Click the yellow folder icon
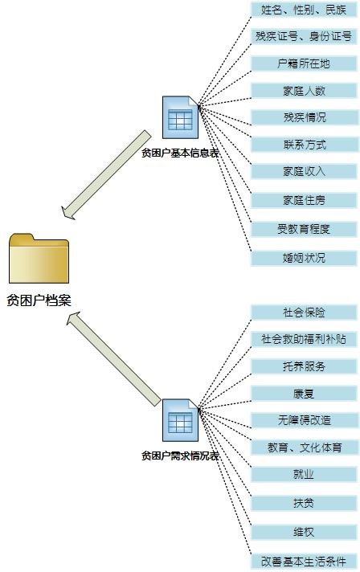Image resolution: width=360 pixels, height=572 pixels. pyautogui.click(x=39, y=258)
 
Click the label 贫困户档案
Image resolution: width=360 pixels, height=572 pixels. pyautogui.click(x=39, y=301)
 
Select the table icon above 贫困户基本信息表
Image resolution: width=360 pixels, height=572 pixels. pyautogui.click(x=181, y=117)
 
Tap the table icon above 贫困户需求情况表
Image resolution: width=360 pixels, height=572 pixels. pyautogui.click(x=181, y=420)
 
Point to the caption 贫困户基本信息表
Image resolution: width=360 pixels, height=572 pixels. pyautogui.click(x=181, y=153)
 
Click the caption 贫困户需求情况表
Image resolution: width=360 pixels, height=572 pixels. pyautogui.click(x=181, y=456)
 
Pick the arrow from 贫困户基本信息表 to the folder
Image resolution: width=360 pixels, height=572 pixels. pyautogui.click(x=106, y=175)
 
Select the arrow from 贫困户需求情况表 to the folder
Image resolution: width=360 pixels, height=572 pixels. pyautogui.click(x=113, y=358)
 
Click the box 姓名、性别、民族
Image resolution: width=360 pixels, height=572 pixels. pyautogui.click(x=304, y=10)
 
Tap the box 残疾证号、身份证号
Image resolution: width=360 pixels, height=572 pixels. pyautogui.click(x=304, y=36)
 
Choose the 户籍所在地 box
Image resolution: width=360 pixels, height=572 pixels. pyautogui.click(x=304, y=63)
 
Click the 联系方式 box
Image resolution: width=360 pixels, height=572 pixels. pyautogui.click(x=305, y=145)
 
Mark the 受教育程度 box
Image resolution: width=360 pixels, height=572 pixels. pyautogui.click(x=304, y=229)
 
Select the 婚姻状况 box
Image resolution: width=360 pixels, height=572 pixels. pyautogui.click(x=304, y=258)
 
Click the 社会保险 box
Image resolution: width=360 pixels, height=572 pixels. pyautogui.click(x=304, y=313)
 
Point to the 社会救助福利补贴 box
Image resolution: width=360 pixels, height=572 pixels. pyautogui.click(x=304, y=339)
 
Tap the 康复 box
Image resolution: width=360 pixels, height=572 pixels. pyautogui.click(x=304, y=394)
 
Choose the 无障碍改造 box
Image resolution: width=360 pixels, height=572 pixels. pyautogui.click(x=305, y=420)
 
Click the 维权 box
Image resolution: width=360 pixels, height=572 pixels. pyautogui.click(x=304, y=532)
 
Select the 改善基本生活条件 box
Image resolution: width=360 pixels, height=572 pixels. pyautogui.click(x=304, y=561)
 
